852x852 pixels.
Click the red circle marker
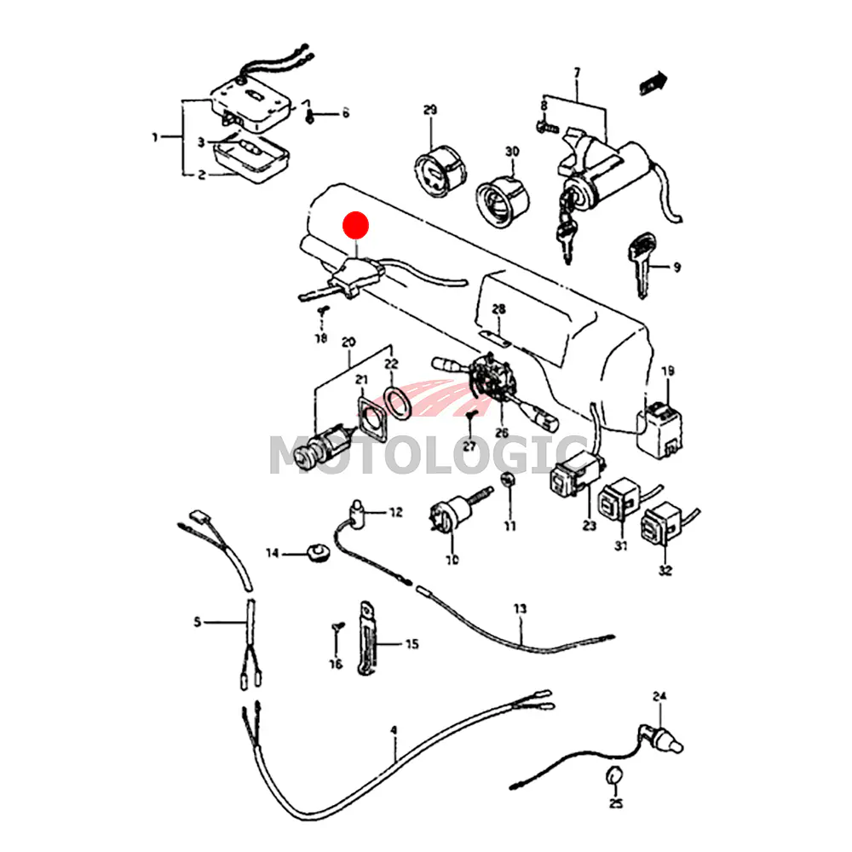(354, 225)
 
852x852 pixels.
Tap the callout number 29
(429, 110)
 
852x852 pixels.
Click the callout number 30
(511, 152)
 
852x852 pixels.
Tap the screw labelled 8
(546, 128)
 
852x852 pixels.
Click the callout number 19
(668, 371)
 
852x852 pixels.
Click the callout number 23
(590, 526)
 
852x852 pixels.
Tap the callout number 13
(520, 608)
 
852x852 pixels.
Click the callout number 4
(394, 730)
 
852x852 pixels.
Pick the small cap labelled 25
(613, 777)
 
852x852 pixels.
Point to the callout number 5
(198, 622)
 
